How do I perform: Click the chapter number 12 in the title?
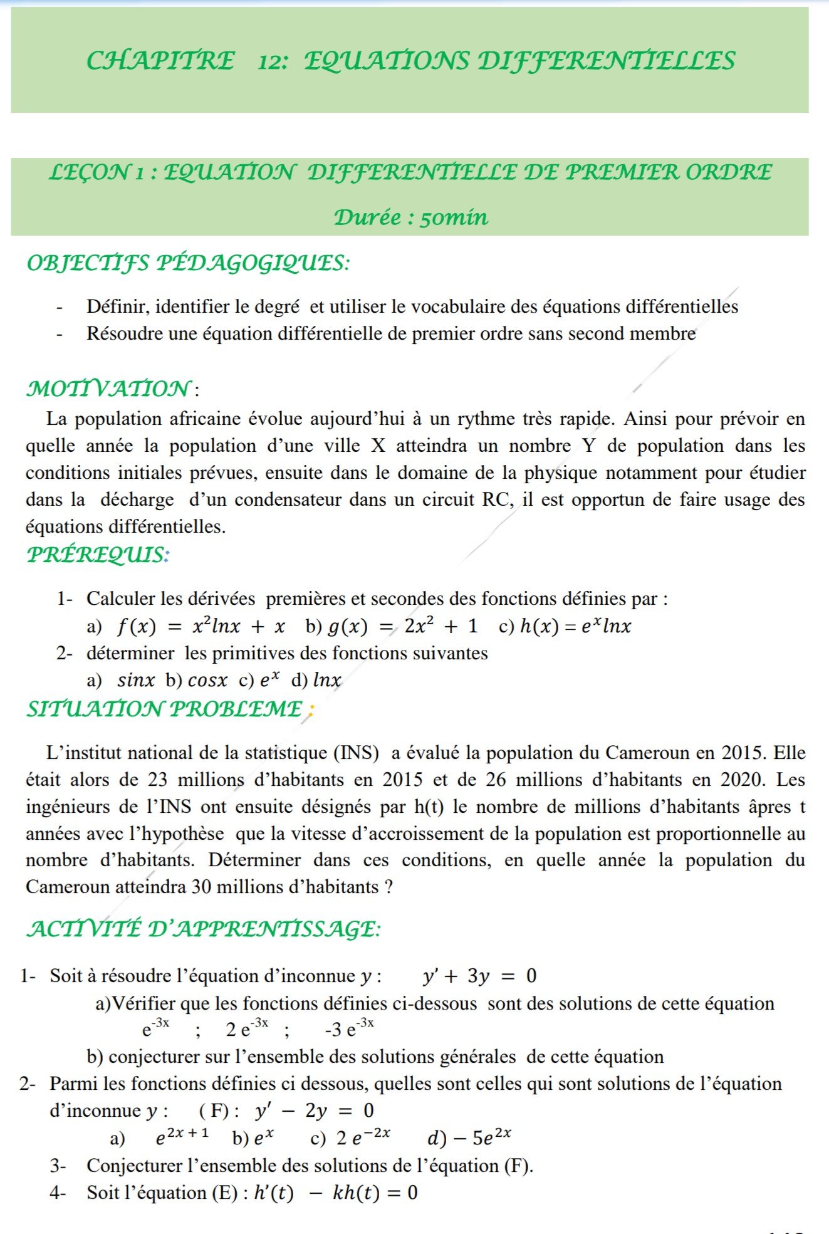click(x=272, y=61)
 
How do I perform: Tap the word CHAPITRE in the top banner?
click(x=160, y=61)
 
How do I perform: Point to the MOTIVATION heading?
click(x=108, y=389)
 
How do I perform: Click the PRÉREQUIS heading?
click(x=98, y=555)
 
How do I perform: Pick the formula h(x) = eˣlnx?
click(x=575, y=626)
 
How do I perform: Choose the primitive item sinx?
click(x=135, y=680)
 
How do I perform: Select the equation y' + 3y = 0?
click(x=479, y=976)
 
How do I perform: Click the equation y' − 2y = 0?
click(x=315, y=1111)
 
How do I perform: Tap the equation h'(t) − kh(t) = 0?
click(x=336, y=1193)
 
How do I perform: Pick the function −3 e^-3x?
click(x=350, y=1029)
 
